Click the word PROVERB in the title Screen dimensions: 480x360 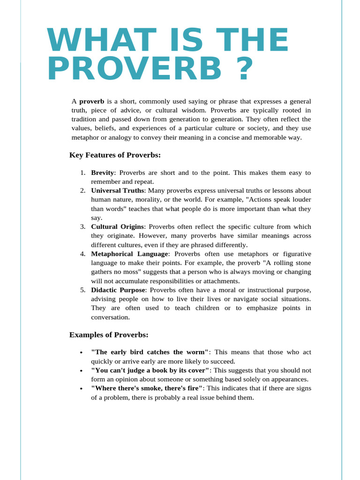(134, 69)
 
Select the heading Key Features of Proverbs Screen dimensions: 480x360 (115, 155)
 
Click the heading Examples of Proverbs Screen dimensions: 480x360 (109, 335)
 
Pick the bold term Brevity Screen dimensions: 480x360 (102, 172)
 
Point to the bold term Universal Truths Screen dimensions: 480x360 (118, 191)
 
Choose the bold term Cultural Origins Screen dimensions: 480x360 (117, 227)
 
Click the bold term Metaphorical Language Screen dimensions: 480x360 (129, 254)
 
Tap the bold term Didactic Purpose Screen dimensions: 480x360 (118, 290)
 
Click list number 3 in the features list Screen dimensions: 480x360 (82, 227)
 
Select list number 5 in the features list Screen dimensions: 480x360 (82, 290)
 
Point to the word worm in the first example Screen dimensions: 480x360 (196, 352)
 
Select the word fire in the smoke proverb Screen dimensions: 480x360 (193, 388)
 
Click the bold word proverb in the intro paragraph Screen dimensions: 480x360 (91, 101)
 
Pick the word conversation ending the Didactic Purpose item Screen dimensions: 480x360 (110, 317)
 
